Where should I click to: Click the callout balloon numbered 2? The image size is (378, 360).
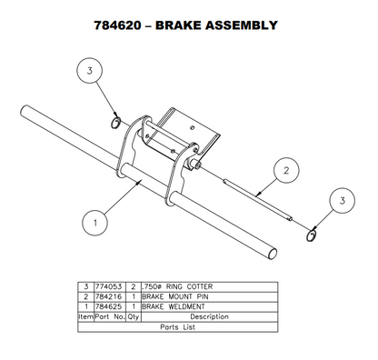pyautogui.click(x=285, y=169)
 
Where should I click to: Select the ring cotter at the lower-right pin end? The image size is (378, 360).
pyautogui.click(x=311, y=235)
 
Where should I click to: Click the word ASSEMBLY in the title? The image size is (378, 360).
pyautogui.click(x=238, y=25)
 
